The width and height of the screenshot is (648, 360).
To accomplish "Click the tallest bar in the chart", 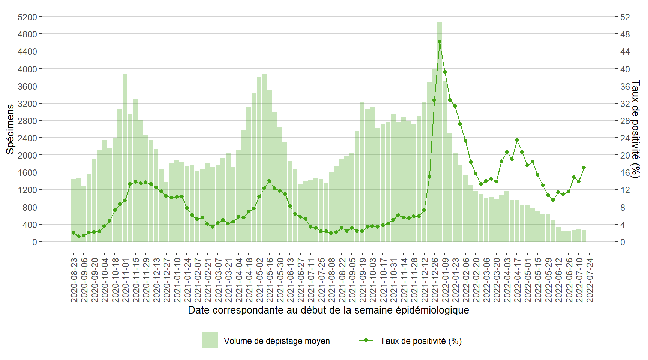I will point(439,131).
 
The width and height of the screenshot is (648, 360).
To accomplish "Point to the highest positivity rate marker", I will point(439,42).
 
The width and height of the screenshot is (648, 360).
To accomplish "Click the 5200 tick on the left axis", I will point(27,17).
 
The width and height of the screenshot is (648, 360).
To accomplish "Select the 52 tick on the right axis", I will point(625,17).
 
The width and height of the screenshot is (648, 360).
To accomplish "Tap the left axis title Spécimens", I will point(10,129).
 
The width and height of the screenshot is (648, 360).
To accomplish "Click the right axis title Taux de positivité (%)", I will point(635,129).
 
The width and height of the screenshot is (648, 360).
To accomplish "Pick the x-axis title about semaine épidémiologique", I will point(328,310).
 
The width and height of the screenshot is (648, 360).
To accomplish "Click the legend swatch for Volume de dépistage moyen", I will point(210,340).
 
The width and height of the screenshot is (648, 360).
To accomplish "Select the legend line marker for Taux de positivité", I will point(366,340).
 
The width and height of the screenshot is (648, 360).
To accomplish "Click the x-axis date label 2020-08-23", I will point(74,280).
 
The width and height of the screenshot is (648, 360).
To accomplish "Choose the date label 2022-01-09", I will point(445,280).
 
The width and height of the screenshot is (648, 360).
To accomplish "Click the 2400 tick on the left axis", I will point(27,138).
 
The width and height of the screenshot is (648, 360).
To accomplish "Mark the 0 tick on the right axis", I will point(622,242).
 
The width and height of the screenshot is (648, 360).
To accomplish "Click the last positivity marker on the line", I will point(583,168).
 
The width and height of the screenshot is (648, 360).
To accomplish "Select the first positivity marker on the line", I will point(73,233).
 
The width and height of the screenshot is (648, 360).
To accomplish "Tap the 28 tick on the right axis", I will point(625,121).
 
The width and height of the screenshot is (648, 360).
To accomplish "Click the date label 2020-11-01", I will point(126,280).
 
